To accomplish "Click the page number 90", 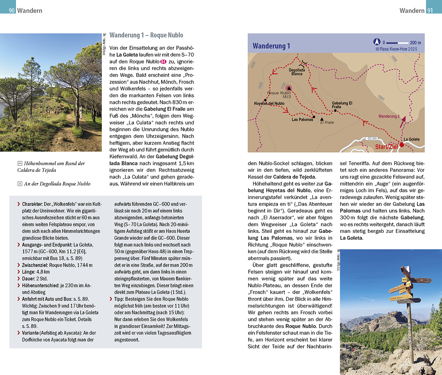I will (12, 10).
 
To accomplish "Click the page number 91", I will (430, 10).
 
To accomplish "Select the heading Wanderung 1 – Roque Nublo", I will (146, 35).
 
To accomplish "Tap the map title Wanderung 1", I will (271, 46).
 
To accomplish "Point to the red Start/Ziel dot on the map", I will (402, 144).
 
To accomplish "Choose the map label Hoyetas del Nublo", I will (269, 103).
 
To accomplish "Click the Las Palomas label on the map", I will (302, 120).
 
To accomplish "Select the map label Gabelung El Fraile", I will (342, 105).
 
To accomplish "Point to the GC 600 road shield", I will (372, 138).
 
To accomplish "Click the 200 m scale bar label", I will (415, 43).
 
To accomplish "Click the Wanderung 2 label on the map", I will (389, 116).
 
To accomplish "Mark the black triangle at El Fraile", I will (321, 119).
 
